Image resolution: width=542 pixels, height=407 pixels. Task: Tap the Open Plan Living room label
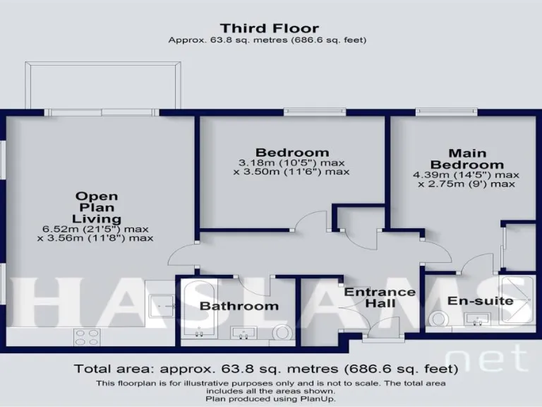[97, 207]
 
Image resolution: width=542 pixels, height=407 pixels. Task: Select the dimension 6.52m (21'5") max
[97, 228]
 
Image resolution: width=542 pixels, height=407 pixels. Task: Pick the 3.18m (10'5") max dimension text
[292, 162]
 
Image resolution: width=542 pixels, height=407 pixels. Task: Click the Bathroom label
[239, 306]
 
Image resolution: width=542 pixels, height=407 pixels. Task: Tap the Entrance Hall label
[370, 297]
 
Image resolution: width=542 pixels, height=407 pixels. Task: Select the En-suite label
[480, 301]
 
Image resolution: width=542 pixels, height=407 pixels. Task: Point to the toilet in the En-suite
[439, 320]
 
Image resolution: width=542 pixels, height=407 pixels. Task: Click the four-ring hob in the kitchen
[86, 337]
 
